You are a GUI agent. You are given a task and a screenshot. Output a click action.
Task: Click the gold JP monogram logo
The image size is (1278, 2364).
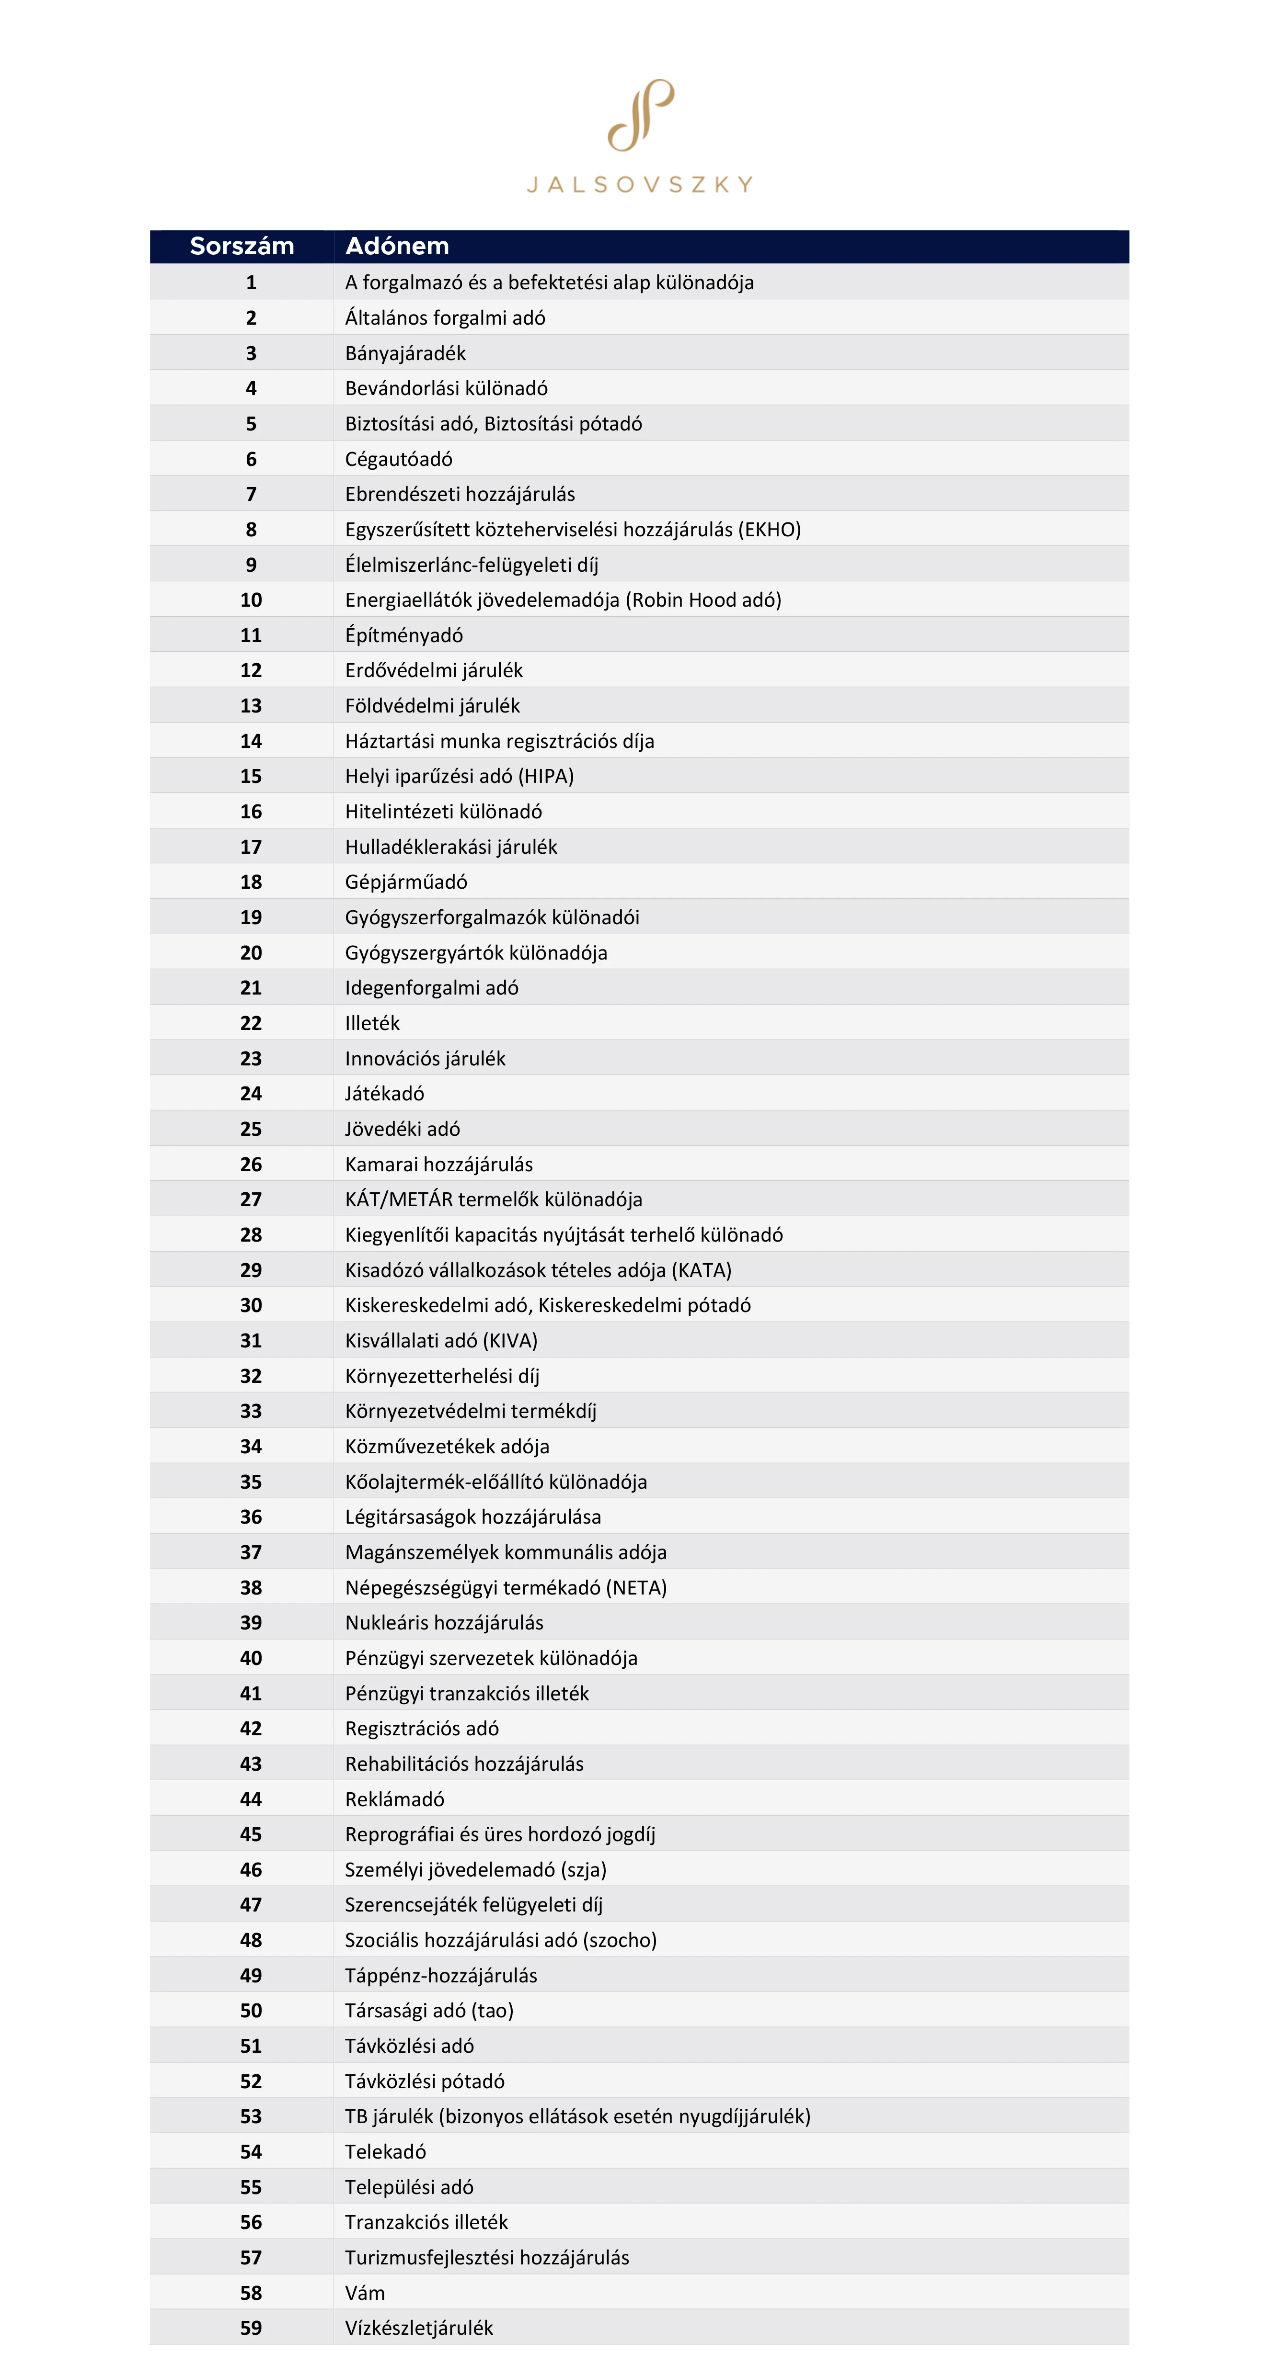tap(640, 115)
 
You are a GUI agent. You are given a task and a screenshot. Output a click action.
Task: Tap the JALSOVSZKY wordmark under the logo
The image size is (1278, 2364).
tap(640, 184)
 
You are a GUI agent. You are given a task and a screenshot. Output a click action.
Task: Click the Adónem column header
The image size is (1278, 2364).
tap(397, 246)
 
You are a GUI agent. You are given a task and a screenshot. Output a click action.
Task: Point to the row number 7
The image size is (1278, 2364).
tap(251, 494)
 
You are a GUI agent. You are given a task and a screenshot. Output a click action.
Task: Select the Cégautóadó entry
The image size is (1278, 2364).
tap(399, 459)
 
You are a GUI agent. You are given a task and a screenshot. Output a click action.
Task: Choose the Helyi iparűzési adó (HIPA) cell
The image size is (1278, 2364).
tap(459, 776)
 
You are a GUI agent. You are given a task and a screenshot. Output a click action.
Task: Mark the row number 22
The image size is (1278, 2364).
tap(251, 1023)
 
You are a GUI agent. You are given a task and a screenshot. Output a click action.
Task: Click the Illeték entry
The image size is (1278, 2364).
tap(372, 1023)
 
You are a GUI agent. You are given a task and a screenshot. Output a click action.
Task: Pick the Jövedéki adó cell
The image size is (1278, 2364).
tap(402, 1129)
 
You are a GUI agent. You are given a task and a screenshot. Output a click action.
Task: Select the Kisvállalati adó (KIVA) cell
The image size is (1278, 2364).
tap(441, 1341)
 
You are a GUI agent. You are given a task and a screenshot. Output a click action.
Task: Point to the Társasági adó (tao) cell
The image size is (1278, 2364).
tap(429, 2011)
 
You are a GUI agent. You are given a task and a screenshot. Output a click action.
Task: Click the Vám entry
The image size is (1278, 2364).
tap(365, 2293)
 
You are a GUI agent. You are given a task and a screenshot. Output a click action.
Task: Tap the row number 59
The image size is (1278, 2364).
tap(251, 2328)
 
